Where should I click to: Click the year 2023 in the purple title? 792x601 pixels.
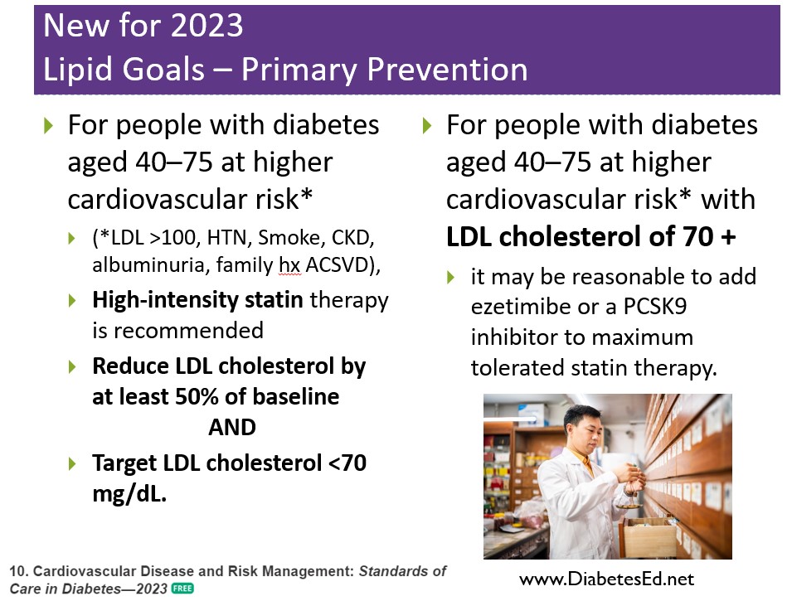[x=207, y=25]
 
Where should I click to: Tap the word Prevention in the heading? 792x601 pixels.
[x=447, y=69]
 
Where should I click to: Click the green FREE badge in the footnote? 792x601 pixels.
[x=182, y=589]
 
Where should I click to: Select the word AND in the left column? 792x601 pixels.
[x=232, y=427]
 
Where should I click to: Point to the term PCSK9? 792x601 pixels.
[x=655, y=307]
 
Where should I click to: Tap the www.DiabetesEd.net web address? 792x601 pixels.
[x=606, y=579]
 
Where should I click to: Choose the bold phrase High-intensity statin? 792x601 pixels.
[x=197, y=300]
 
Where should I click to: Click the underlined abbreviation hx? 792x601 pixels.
[x=289, y=265]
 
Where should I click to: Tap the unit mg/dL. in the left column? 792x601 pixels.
[x=129, y=494]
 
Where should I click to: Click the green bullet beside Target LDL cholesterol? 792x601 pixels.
[x=72, y=463]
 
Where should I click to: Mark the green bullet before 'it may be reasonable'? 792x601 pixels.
[x=451, y=277]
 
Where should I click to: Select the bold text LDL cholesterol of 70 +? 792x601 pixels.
[x=591, y=236]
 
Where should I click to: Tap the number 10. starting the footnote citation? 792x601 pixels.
[x=18, y=571]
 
